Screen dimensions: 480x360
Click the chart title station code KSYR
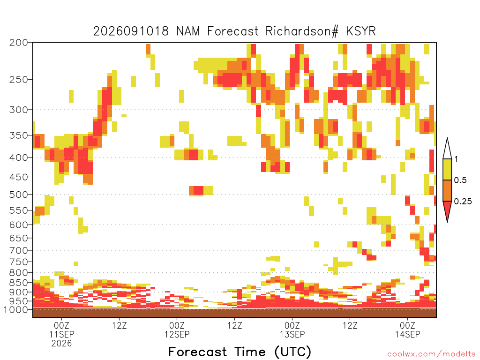[x=360, y=31]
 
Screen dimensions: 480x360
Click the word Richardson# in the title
[x=302, y=31]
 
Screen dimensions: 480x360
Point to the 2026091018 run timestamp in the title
[x=131, y=31]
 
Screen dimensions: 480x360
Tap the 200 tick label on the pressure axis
[x=18, y=43]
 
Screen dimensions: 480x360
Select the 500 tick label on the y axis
[x=18, y=195]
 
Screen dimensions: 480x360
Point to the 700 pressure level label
[x=18, y=250]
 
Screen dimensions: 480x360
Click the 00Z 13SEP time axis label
[x=292, y=330]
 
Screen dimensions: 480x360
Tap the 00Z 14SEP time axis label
[x=407, y=330]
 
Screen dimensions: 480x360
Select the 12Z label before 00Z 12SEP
[x=120, y=325]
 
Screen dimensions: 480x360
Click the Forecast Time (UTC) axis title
[x=240, y=352]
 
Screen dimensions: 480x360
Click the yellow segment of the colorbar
[x=447, y=169]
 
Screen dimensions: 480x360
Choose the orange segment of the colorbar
[x=447, y=190]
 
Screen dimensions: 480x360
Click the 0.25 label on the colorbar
[x=463, y=202]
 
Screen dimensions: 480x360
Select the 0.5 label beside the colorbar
[x=460, y=180]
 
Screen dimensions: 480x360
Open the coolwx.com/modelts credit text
[x=431, y=354]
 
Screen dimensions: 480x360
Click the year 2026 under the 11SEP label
[x=61, y=344]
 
